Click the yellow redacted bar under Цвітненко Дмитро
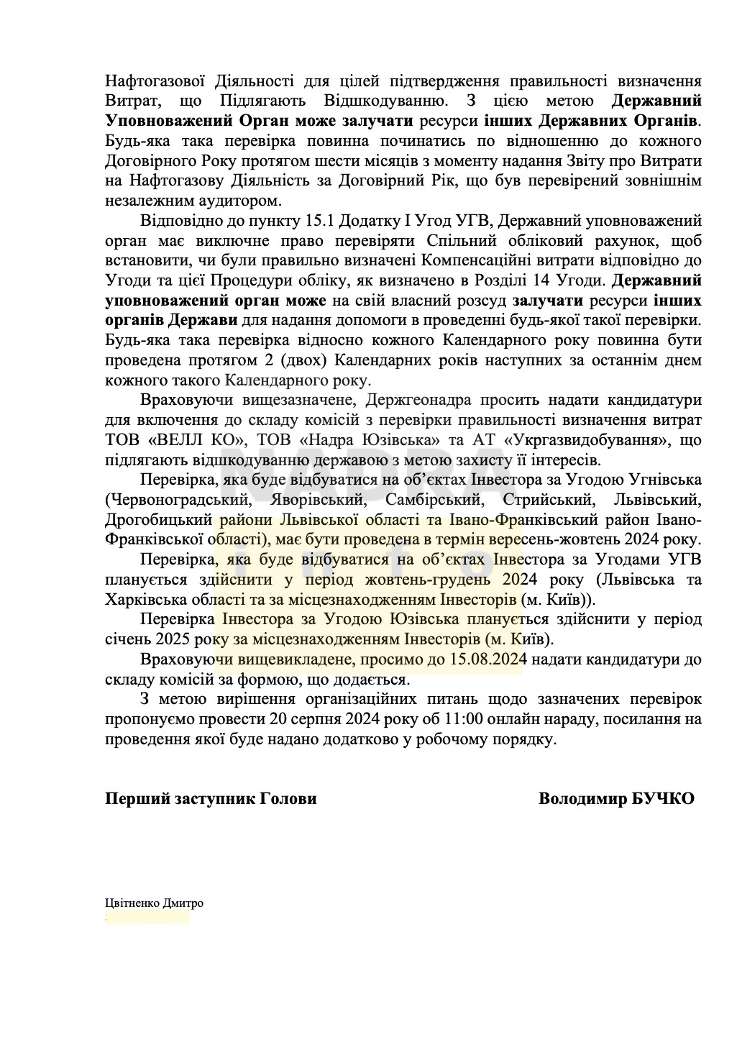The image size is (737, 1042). (148, 917)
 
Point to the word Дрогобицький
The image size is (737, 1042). (158, 519)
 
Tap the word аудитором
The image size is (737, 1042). (241, 199)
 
